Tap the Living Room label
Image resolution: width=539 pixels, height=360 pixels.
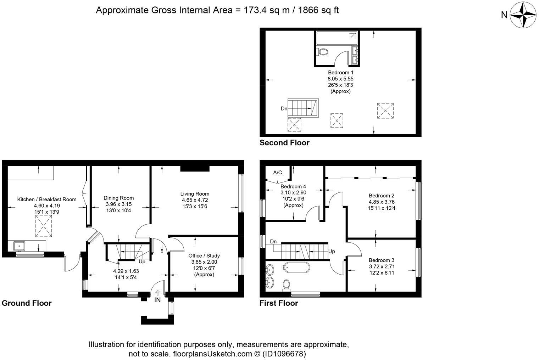[x=195, y=194]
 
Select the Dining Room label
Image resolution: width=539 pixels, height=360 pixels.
[x=119, y=198]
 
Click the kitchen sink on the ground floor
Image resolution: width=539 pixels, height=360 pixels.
[x=19, y=246]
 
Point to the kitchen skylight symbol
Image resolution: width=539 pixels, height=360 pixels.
[x=44, y=226]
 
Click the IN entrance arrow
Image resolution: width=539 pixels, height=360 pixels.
[x=157, y=293]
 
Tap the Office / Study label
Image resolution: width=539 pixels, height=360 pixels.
[x=204, y=255]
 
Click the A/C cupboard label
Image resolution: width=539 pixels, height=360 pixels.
[x=277, y=173]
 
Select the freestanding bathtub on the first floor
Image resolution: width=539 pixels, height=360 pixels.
[x=296, y=268]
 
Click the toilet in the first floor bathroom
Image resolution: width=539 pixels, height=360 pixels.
[x=287, y=285]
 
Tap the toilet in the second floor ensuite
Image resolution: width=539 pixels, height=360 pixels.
[x=322, y=52]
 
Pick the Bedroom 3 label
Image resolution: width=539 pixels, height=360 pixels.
[x=382, y=260]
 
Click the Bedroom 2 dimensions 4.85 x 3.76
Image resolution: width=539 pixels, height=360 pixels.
[x=382, y=202]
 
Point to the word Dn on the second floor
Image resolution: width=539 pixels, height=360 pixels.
[x=284, y=108]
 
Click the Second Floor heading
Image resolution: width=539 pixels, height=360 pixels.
[x=284, y=142]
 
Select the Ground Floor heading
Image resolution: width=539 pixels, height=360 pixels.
[x=27, y=303]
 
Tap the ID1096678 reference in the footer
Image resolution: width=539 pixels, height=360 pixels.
[x=284, y=354]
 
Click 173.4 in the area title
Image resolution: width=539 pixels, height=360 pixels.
[x=255, y=10]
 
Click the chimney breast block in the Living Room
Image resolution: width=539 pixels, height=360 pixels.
[x=195, y=169]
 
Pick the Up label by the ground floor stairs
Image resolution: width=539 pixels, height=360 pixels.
[x=142, y=261]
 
